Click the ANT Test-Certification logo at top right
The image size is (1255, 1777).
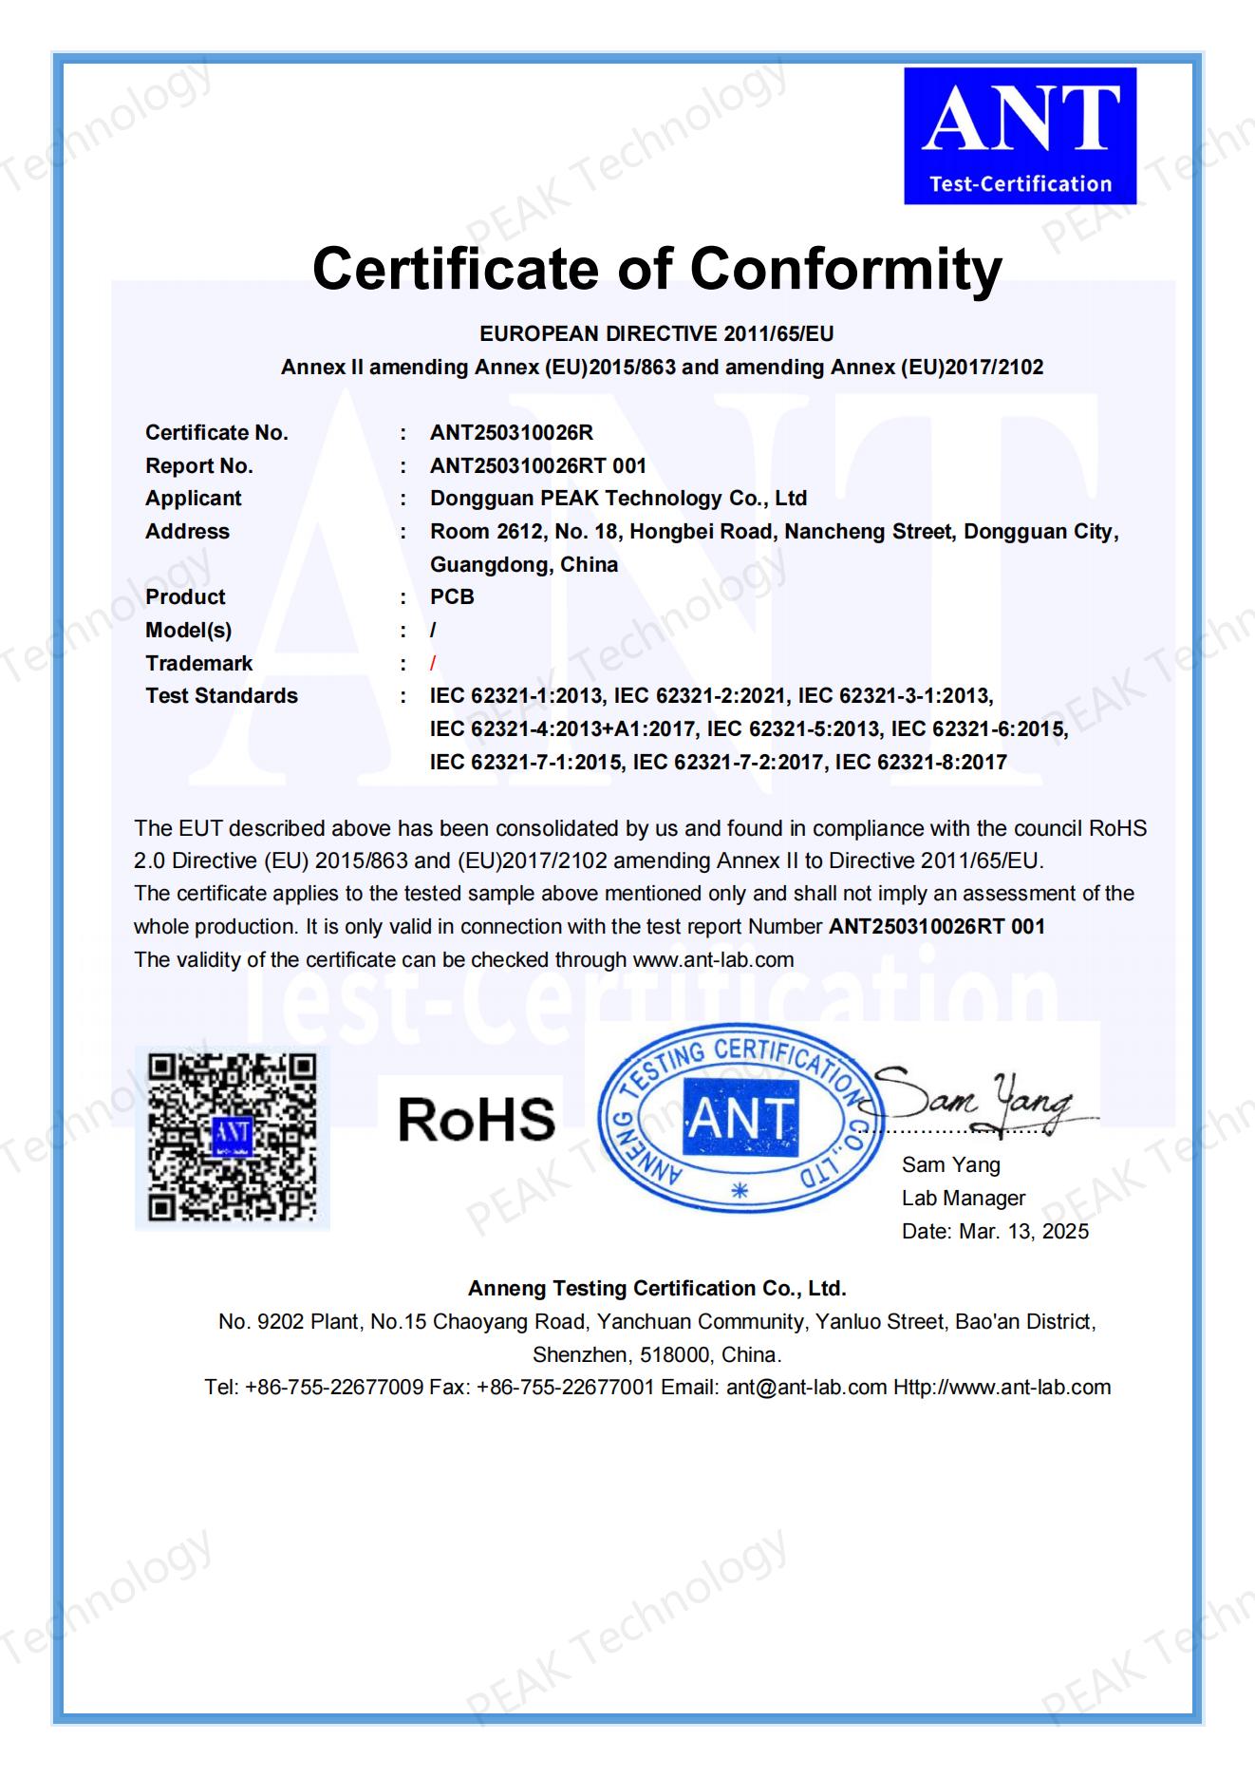1020,135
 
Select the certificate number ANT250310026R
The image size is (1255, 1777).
511,433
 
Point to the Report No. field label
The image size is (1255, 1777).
198,465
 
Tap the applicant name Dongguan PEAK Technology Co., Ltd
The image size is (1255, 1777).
618,499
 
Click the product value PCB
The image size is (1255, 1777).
452,597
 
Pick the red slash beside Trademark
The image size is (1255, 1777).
433,663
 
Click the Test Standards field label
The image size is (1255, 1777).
221,696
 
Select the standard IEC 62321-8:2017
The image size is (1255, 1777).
921,762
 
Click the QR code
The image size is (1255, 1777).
233,1137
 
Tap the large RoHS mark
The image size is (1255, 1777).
477,1119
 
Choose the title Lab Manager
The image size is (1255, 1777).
964,1199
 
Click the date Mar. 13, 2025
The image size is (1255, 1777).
1024,1232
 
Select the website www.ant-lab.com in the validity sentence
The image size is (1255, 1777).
713,959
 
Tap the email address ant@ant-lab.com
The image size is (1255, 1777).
806,1387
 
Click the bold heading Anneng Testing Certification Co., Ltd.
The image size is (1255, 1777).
657,1288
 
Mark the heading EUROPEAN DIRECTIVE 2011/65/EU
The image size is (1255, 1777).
657,333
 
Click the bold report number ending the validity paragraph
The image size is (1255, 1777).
936,927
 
